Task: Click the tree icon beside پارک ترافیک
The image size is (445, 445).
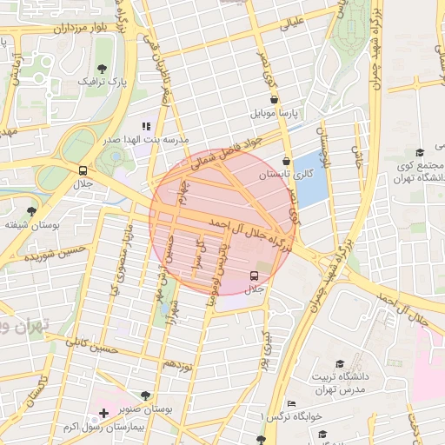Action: coord(103,68)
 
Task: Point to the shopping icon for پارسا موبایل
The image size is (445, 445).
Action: coord(275,100)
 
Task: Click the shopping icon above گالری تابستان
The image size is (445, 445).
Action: coord(287,161)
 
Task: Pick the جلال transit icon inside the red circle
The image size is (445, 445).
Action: coord(254,275)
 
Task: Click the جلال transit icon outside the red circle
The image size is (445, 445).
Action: coord(83,170)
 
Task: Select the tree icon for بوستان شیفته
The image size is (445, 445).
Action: coord(32,211)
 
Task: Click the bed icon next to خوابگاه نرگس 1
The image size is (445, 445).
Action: coord(291,403)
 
